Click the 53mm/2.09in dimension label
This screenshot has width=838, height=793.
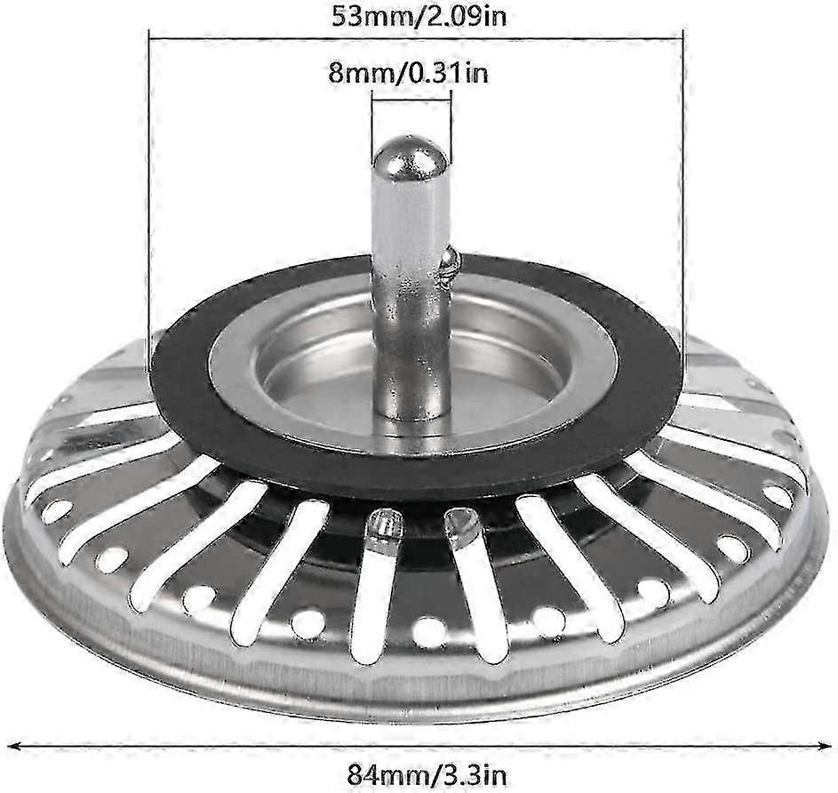(419, 17)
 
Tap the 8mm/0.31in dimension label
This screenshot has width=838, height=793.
(408, 72)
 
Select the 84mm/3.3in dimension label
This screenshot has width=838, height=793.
(427, 773)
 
